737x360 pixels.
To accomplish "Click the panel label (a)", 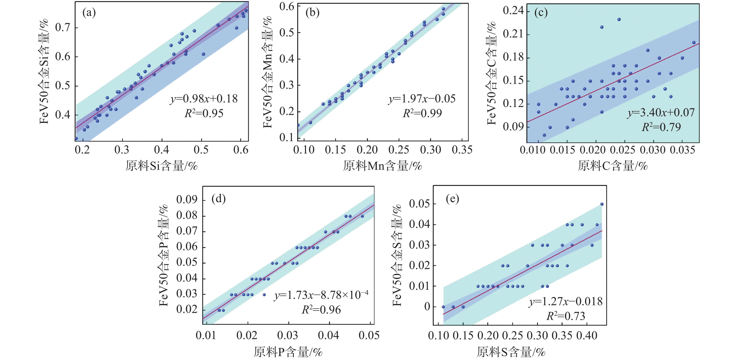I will [x=89, y=13].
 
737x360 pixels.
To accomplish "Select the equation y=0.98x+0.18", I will [x=204, y=99].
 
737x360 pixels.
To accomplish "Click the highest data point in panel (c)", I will [x=619, y=19].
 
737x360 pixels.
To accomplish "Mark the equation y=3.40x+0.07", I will [x=661, y=112].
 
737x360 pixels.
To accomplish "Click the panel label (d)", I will [x=219, y=198].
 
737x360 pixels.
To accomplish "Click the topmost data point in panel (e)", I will [x=602, y=204].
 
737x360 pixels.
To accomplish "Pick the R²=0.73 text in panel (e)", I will [x=566, y=316].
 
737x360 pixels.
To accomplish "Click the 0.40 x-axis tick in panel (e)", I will [x=587, y=335].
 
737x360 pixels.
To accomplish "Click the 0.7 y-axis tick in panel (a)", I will [x=63, y=28].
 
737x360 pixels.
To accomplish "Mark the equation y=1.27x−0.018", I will [x=566, y=302].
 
